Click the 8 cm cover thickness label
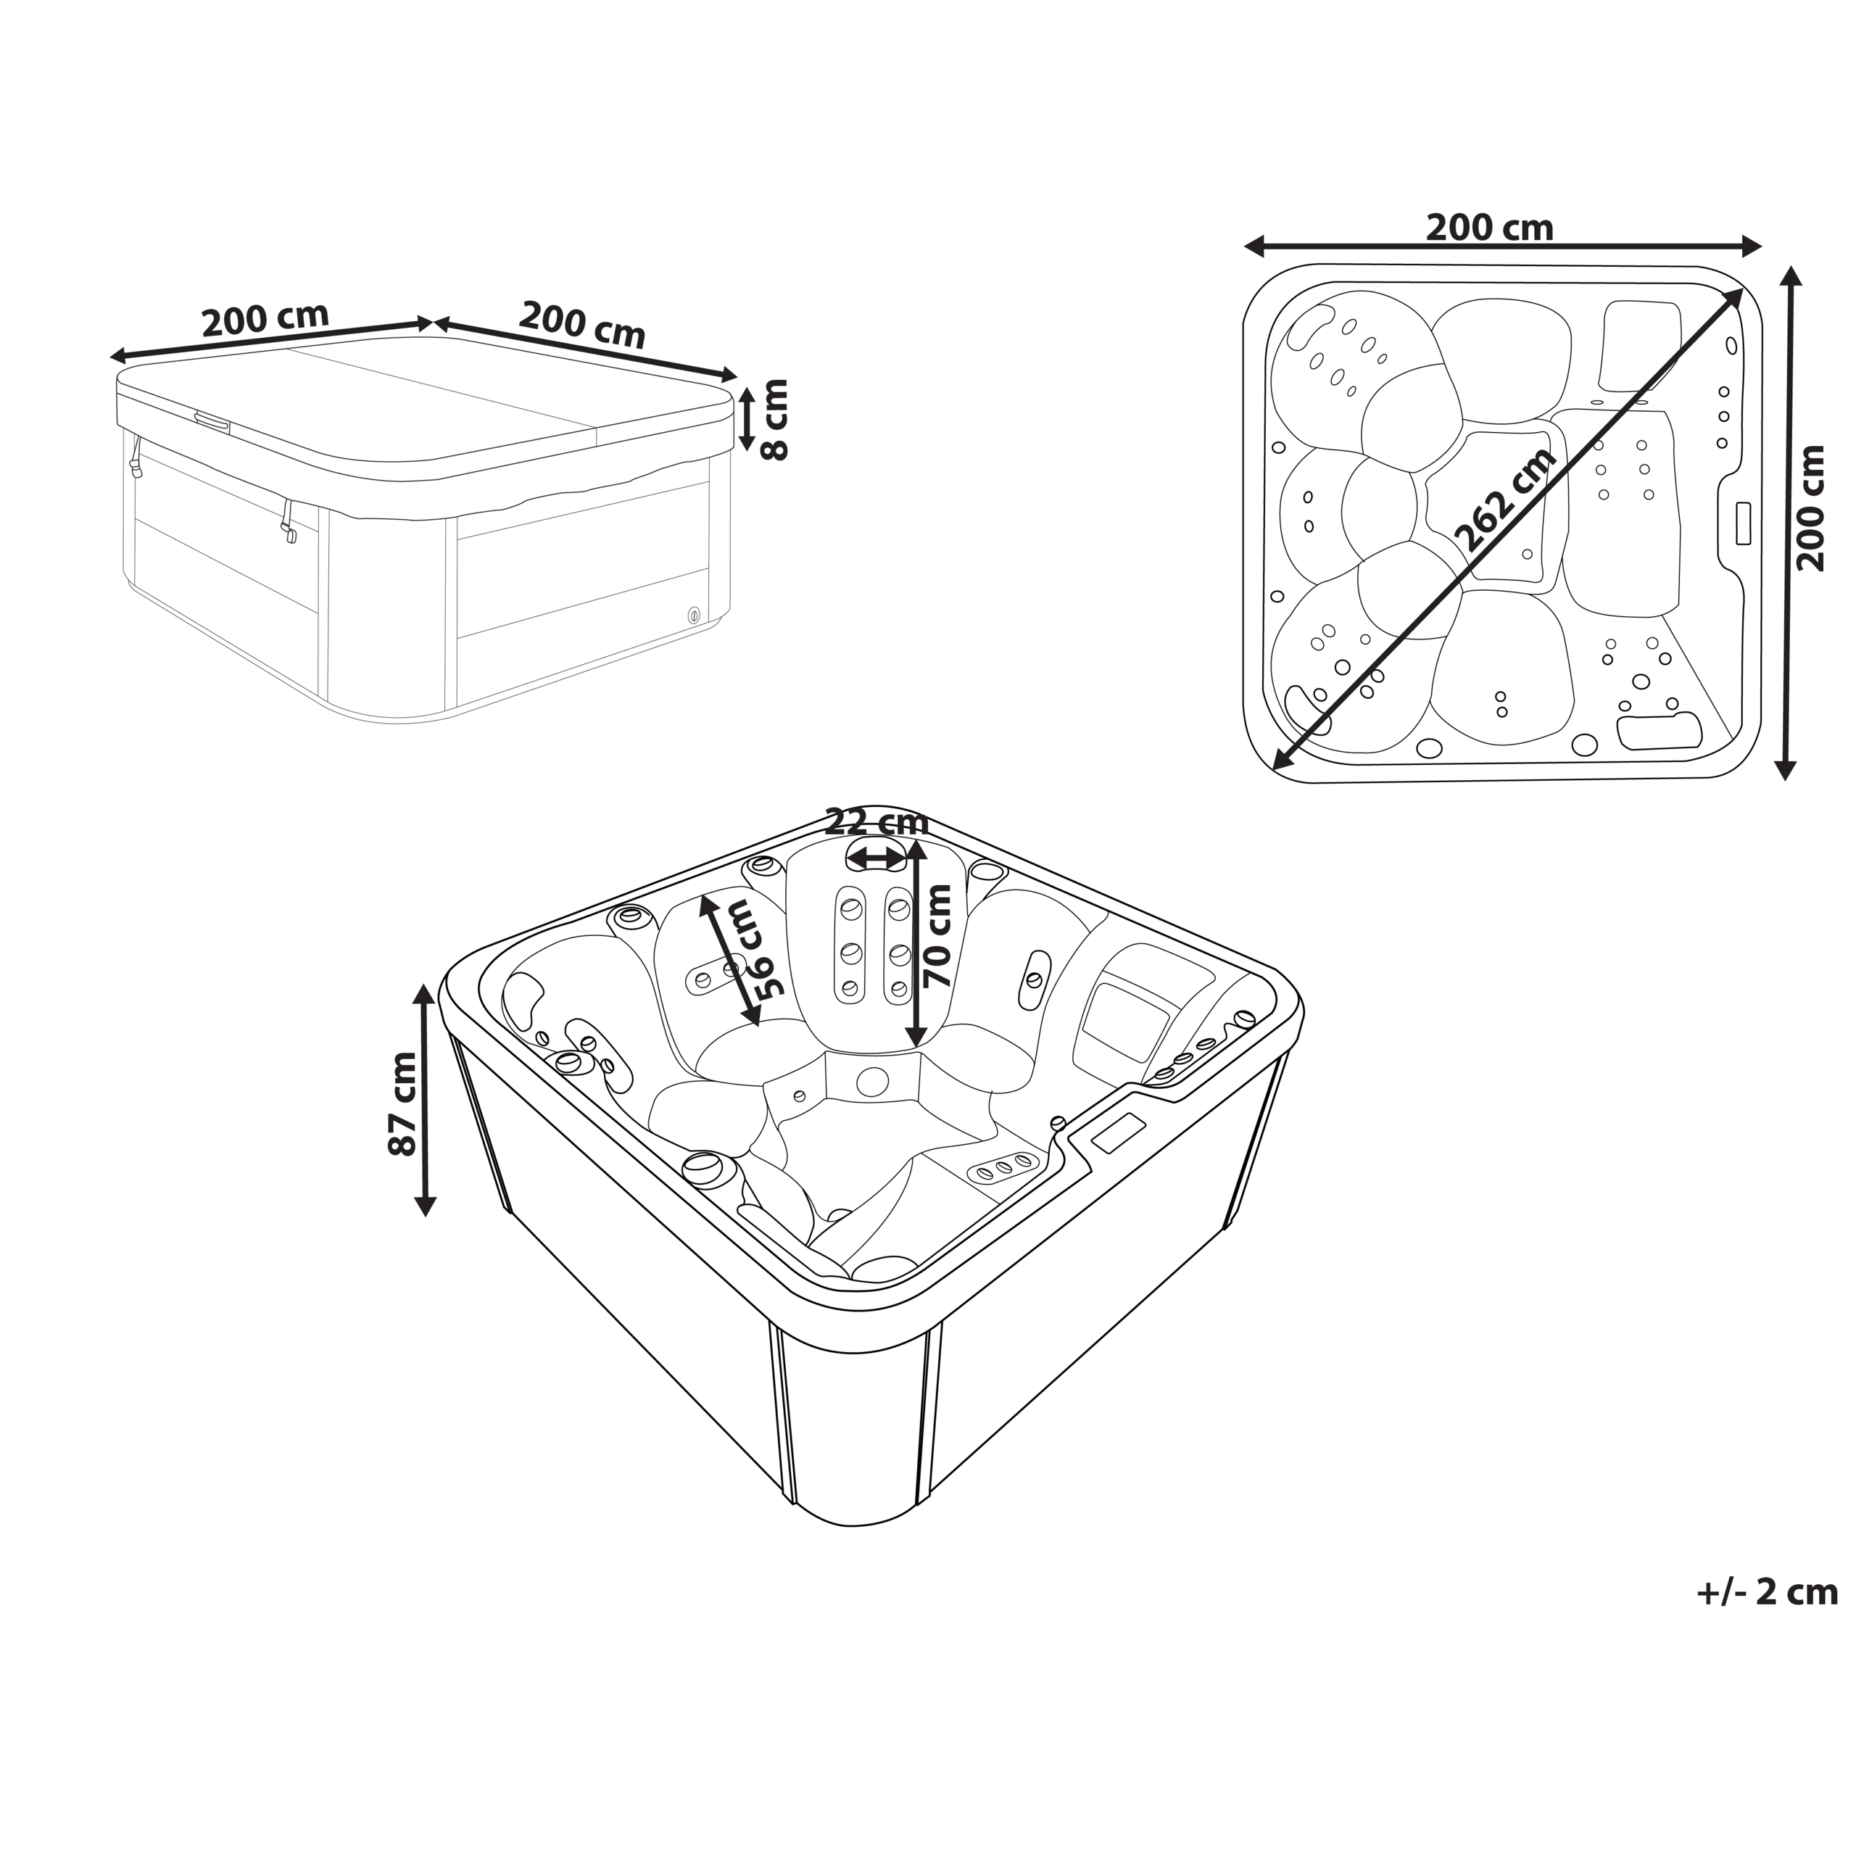click(774, 420)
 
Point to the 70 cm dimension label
click(937, 937)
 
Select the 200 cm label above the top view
click(1489, 228)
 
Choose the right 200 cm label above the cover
click(582, 324)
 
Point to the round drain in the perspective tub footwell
click(872, 1082)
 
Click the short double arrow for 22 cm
click(876, 857)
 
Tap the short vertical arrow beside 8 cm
click(745, 420)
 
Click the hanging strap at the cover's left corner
click(136, 459)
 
